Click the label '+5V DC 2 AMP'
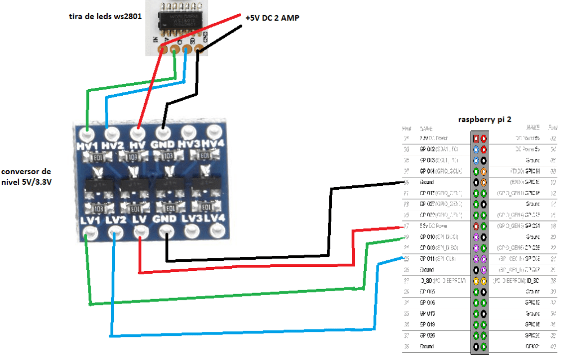coord(272,18)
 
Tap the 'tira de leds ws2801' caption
coord(104,16)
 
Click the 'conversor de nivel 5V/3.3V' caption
coord(26,176)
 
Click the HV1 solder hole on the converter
coord(87,135)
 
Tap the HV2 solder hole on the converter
coord(112,134)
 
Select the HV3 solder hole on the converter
coord(188,133)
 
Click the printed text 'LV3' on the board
coord(190,217)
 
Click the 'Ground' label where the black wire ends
coord(427,183)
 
